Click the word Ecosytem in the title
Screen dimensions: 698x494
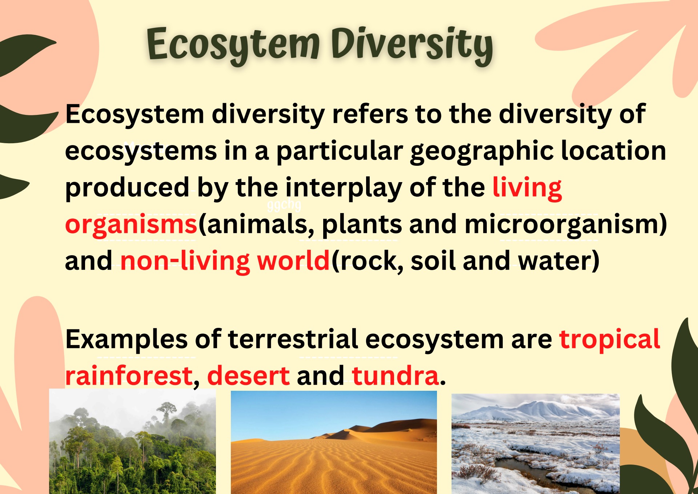coord(233,45)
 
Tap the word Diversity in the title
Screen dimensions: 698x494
coord(412,45)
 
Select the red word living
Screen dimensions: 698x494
coord(527,188)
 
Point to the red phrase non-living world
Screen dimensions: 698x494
coord(225,261)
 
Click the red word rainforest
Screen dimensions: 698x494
coord(129,375)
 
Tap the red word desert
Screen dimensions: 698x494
coord(248,375)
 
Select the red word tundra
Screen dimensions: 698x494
coord(395,375)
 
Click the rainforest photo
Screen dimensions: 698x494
coord(132,441)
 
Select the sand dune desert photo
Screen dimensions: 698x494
coord(334,442)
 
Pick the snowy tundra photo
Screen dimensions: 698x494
coord(535,444)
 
